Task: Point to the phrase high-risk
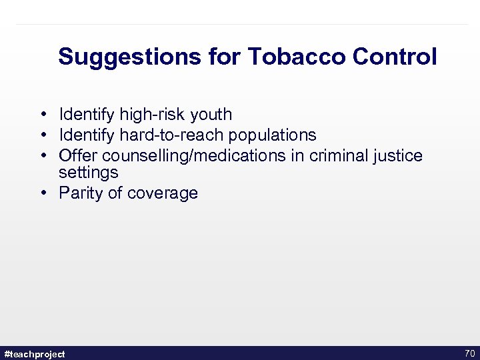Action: click(153, 115)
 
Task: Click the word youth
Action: click(211, 115)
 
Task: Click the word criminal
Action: click(340, 156)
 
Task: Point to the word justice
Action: click(398, 156)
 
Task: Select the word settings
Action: click(88, 173)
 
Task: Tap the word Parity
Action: click(81, 193)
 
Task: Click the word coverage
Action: click(162, 193)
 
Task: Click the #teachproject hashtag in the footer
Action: click(35, 354)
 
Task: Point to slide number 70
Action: click(469, 353)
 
